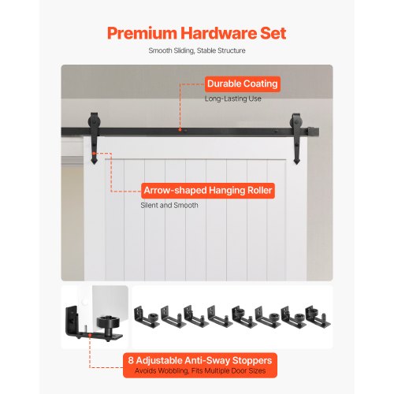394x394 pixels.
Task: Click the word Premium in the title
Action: coord(142,33)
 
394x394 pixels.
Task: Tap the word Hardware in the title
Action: coord(218,33)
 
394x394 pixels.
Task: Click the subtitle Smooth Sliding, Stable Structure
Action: coord(197,50)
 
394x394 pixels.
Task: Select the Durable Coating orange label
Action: coord(243,84)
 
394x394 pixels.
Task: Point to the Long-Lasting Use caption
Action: coord(233,98)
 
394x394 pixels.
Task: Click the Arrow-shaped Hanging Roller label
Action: coord(208,191)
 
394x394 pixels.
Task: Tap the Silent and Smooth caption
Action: coord(169,205)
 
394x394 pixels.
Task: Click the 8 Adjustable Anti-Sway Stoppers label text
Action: coord(200,360)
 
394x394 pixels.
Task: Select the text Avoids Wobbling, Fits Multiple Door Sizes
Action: coord(200,371)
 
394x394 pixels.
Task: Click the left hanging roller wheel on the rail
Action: coord(94,121)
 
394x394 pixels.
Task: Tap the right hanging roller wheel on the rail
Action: coord(295,122)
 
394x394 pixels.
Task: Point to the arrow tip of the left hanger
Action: coord(94,164)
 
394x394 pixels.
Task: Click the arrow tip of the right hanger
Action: coord(296,164)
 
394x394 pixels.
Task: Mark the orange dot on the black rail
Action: coord(180,129)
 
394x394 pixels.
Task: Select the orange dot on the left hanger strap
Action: coord(93,153)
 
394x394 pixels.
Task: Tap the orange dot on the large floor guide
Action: coord(90,335)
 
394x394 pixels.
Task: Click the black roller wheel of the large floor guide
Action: coord(106,323)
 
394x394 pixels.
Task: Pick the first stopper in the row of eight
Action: coord(145,317)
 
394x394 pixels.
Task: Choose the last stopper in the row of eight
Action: coord(318,316)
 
